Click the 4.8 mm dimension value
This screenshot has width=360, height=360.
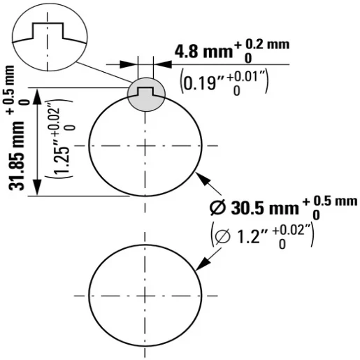pyautogui.click(x=204, y=52)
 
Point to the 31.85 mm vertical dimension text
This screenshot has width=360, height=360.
pyautogui.click(x=16, y=155)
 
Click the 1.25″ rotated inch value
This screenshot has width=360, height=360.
pyautogui.click(x=62, y=160)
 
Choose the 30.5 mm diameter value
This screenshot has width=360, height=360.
pyautogui.click(x=265, y=208)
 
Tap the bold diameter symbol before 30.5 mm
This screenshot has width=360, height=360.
pyautogui.click(x=217, y=208)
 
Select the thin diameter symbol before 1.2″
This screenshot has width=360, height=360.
pyautogui.click(x=222, y=237)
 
